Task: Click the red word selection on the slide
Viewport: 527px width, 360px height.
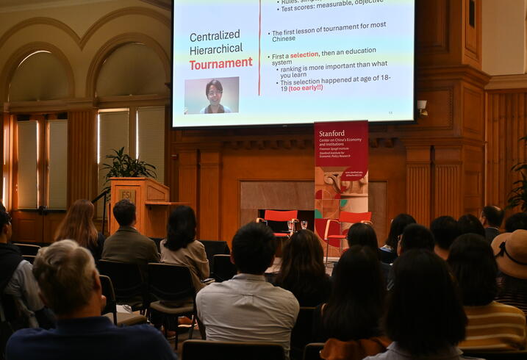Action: click(x=304, y=56)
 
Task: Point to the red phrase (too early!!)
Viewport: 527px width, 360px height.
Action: click(x=305, y=88)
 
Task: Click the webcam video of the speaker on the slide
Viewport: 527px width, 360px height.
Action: click(x=212, y=96)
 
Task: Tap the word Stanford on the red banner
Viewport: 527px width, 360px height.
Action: click(x=332, y=133)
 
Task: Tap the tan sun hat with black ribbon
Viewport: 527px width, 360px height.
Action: click(x=512, y=252)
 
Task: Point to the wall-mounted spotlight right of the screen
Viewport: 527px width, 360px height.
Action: click(x=422, y=107)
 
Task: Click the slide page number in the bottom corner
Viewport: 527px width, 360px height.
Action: click(x=390, y=112)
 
